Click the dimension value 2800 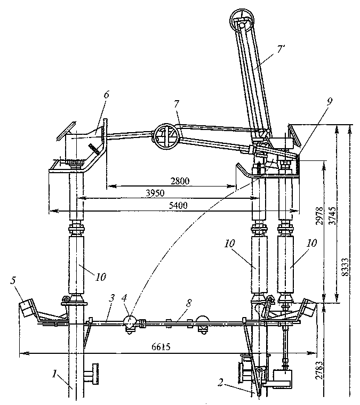[x=180, y=181]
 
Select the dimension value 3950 [x=155, y=193]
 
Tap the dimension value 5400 [x=178, y=206]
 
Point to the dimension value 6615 [x=161, y=346]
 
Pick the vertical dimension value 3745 [x=333, y=215]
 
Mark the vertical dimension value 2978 [x=319, y=215]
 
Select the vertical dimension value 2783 [x=319, y=370]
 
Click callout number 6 [x=107, y=94]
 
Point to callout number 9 [x=329, y=101]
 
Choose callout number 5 [x=13, y=281]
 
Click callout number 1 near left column [x=54, y=374]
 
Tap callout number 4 [x=124, y=298]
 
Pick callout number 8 [x=189, y=304]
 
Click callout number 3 [x=111, y=298]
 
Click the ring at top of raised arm [x=242, y=21]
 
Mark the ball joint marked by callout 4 [x=130, y=321]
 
